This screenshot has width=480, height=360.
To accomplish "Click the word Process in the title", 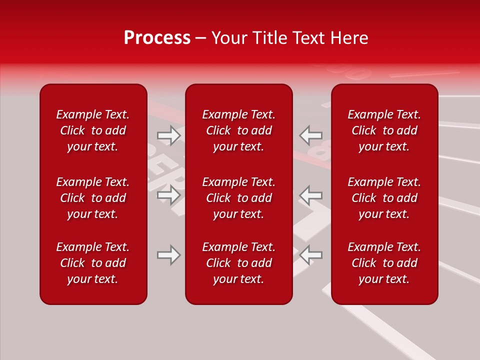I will pyautogui.click(x=157, y=38).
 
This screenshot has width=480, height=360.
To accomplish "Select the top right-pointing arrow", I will pyautogui.click(x=168, y=135).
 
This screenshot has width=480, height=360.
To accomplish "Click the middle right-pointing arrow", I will pyautogui.click(x=168, y=195).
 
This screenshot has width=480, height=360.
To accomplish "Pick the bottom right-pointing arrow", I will pyautogui.click(x=168, y=255).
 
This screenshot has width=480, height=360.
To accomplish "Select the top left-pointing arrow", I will pyautogui.click(x=311, y=135).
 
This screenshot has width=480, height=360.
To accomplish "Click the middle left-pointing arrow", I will pyautogui.click(x=311, y=195).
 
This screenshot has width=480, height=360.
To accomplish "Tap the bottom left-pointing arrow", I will pyautogui.click(x=311, y=255).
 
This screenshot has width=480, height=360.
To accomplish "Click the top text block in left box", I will pyautogui.click(x=93, y=130).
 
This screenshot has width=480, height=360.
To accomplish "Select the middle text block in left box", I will pyautogui.click(x=93, y=198).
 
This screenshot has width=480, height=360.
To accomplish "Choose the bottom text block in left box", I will pyautogui.click(x=93, y=263).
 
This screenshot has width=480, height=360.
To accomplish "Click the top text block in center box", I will pyautogui.click(x=239, y=130).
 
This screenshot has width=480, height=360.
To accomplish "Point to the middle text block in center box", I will pyautogui.click(x=239, y=198).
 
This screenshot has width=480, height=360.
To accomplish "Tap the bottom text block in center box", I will pyautogui.click(x=239, y=263).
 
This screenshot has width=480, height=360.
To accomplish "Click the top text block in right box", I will pyautogui.click(x=384, y=130).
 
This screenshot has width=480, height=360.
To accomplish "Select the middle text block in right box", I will pyautogui.click(x=384, y=198).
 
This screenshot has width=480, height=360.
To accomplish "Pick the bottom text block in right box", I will pyautogui.click(x=384, y=263).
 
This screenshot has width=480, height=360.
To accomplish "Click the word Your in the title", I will pyautogui.click(x=228, y=38).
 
